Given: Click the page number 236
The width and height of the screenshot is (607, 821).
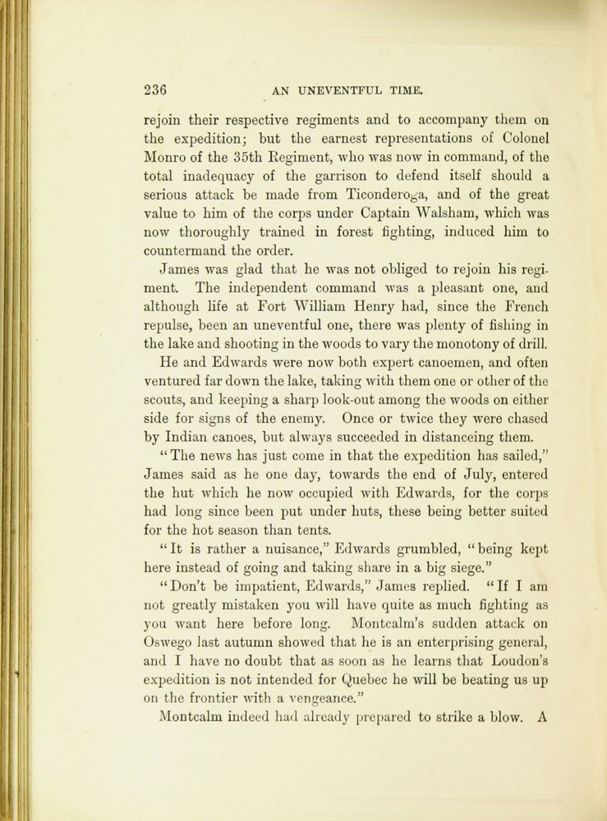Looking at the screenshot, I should [x=154, y=89].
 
